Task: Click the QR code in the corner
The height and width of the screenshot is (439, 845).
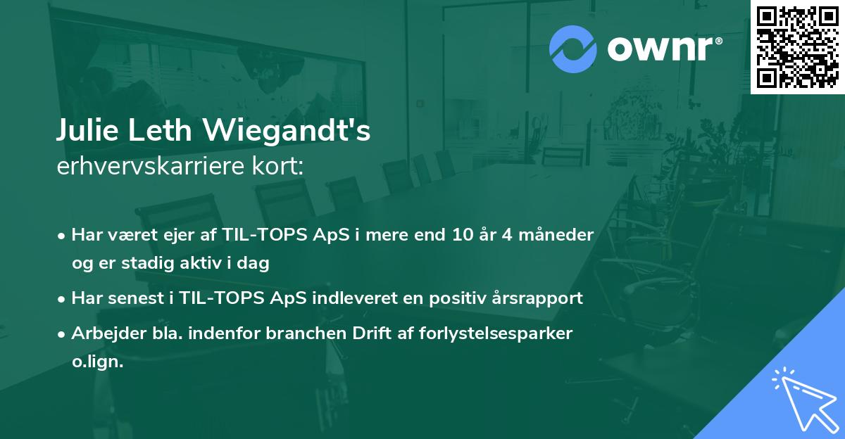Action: [797, 46]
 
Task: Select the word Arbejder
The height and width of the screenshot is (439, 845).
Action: [103, 333]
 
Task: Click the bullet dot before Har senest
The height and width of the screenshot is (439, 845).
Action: [62, 299]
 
